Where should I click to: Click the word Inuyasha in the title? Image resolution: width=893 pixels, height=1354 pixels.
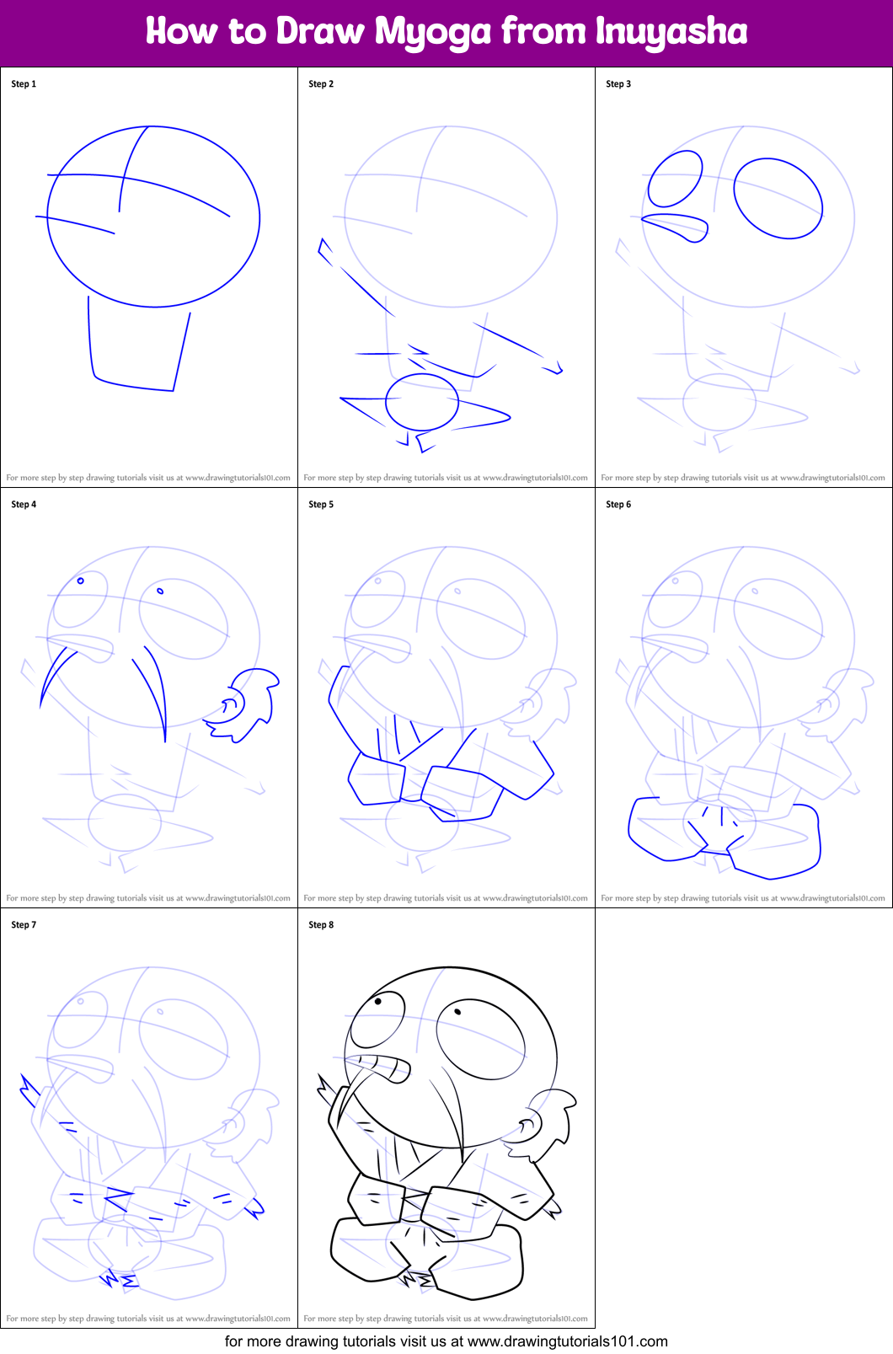click(x=671, y=30)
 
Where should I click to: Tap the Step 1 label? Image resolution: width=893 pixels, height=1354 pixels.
click(x=24, y=84)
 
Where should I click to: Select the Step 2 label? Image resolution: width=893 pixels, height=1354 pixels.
click(x=321, y=84)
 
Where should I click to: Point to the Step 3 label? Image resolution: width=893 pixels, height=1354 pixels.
click(x=618, y=84)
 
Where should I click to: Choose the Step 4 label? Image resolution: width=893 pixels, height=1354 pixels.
click(x=24, y=504)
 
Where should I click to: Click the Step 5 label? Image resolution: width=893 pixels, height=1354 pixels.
click(x=321, y=504)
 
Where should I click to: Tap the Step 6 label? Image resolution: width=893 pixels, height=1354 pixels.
click(x=618, y=504)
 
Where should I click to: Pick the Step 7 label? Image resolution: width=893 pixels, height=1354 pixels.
click(x=24, y=925)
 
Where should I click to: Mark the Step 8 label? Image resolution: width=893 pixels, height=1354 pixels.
click(x=321, y=925)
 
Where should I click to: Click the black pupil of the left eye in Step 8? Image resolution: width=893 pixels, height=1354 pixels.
click(x=378, y=1002)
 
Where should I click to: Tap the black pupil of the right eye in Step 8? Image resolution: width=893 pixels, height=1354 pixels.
click(x=457, y=1012)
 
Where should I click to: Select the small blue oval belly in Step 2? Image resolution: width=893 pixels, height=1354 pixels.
click(x=422, y=402)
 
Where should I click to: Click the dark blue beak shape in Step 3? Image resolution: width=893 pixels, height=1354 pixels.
click(x=674, y=227)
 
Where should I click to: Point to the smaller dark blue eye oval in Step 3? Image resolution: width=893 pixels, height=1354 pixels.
click(x=675, y=179)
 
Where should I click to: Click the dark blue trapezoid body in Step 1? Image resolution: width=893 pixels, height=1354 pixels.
click(x=138, y=343)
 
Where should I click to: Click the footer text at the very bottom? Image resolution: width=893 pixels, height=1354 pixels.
click(x=446, y=1341)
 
